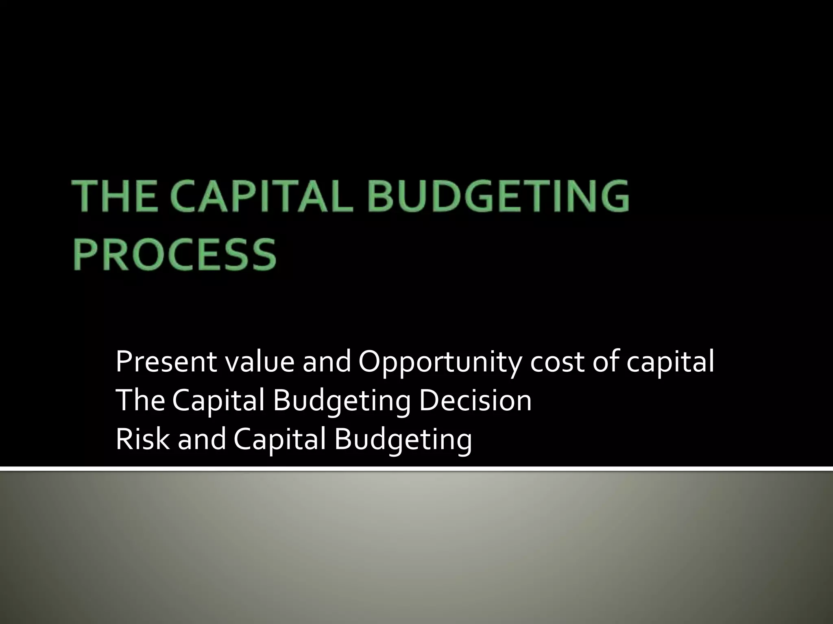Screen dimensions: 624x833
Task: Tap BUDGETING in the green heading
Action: [499, 197]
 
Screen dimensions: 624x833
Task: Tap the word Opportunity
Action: [439, 363]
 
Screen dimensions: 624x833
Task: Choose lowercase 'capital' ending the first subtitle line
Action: [669, 363]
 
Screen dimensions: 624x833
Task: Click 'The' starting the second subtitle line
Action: [140, 401]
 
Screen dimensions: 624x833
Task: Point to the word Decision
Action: [475, 401]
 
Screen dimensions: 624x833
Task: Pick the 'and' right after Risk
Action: [202, 439]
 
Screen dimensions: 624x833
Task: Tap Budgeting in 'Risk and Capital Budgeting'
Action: [403, 440]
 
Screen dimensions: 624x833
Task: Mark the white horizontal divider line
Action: [416, 469]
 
